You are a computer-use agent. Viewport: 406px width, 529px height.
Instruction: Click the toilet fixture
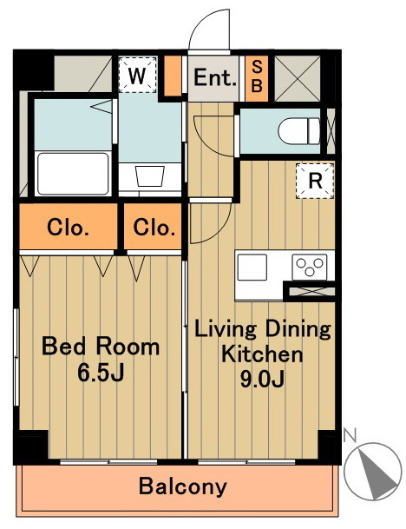click(299, 131)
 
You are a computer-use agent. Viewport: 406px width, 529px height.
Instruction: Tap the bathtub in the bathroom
click(73, 174)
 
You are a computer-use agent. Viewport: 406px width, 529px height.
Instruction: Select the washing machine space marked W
click(137, 75)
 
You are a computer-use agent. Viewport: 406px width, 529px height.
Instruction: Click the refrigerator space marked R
click(315, 182)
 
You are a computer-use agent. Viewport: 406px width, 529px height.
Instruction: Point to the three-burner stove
click(310, 268)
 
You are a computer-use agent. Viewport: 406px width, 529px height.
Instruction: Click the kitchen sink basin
click(252, 268)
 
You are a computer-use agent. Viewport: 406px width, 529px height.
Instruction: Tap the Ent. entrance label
click(214, 77)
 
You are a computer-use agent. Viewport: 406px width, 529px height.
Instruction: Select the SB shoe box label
click(257, 76)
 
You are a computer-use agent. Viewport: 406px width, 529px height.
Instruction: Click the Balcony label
click(183, 486)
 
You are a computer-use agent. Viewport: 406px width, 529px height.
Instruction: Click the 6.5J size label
click(101, 372)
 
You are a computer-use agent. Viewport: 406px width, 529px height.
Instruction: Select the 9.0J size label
click(262, 379)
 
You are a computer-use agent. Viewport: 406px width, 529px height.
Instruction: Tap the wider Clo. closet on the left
click(68, 227)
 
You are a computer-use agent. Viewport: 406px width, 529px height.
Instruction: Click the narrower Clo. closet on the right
click(154, 227)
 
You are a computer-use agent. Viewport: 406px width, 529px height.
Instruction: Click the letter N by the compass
click(350, 435)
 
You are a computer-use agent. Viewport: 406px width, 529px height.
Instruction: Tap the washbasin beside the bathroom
click(150, 175)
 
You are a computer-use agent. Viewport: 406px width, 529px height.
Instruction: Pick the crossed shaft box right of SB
click(298, 78)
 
